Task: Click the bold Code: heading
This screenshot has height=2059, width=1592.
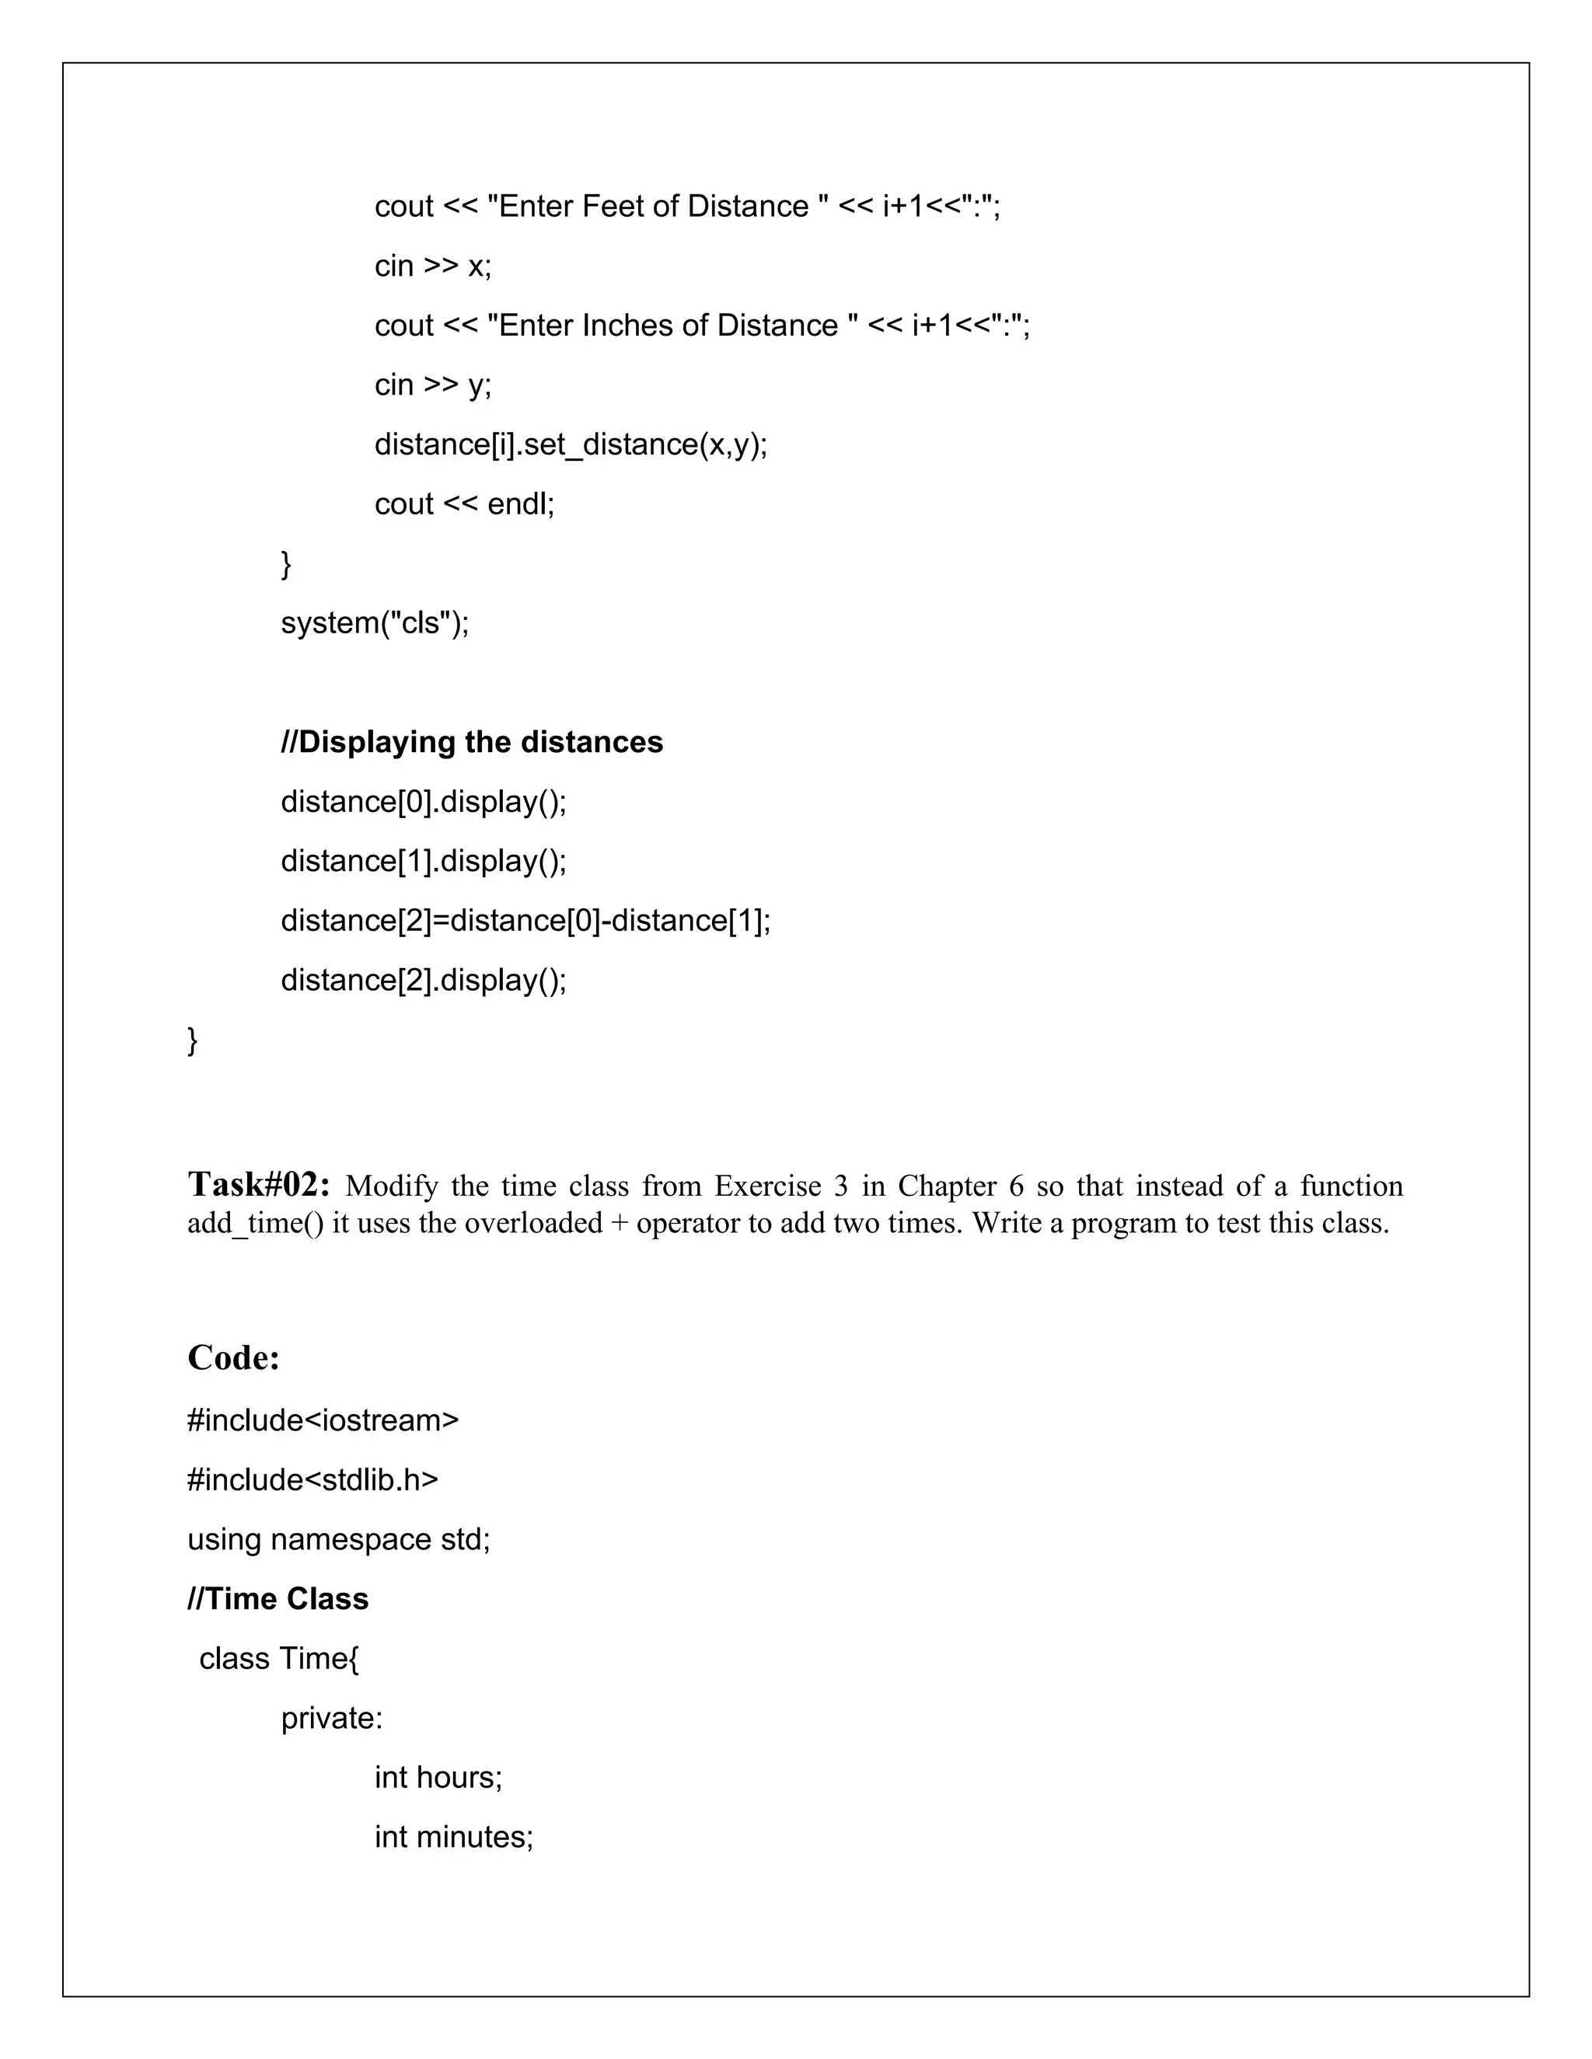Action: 233,1357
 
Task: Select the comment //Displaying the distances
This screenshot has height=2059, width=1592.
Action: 472,742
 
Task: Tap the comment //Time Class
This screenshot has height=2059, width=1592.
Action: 278,1599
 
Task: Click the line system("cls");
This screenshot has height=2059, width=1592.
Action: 375,622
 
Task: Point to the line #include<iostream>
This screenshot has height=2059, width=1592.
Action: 323,1420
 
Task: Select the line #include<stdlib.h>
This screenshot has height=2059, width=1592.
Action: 312,1479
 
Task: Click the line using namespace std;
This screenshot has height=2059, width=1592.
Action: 339,1538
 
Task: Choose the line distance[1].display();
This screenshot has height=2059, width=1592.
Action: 424,861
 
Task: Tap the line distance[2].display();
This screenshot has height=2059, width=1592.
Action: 424,980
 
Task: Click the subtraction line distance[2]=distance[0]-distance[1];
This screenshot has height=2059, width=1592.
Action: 525,920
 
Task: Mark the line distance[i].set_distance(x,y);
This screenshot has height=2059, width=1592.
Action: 571,444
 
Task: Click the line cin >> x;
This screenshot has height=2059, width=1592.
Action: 433,266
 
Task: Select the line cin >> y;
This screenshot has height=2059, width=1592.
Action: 433,385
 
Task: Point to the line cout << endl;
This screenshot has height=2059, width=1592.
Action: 464,503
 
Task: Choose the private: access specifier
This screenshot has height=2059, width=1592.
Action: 331,1718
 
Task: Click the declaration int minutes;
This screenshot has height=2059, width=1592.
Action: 454,1837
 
